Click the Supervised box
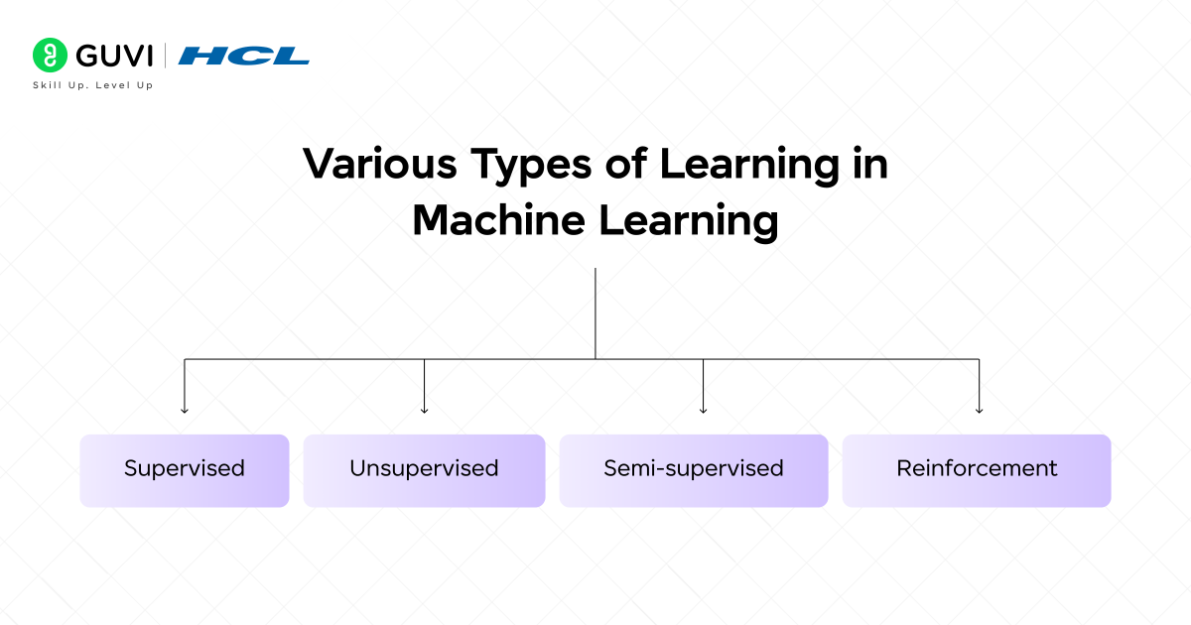point(184,469)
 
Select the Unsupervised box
point(424,469)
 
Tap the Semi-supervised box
point(693,469)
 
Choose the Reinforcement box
point(977,469)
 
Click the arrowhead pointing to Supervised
point(185,409)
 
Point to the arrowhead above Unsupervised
point(424,409)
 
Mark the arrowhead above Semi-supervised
point(703,409)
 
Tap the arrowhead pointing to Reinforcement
point(980,409)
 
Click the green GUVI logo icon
point(47,55)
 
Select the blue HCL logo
point(244,56)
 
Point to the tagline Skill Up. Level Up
point(93,85)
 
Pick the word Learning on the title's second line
point(688,222)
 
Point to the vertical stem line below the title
point(595,312)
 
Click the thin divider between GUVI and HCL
point(166,56)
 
